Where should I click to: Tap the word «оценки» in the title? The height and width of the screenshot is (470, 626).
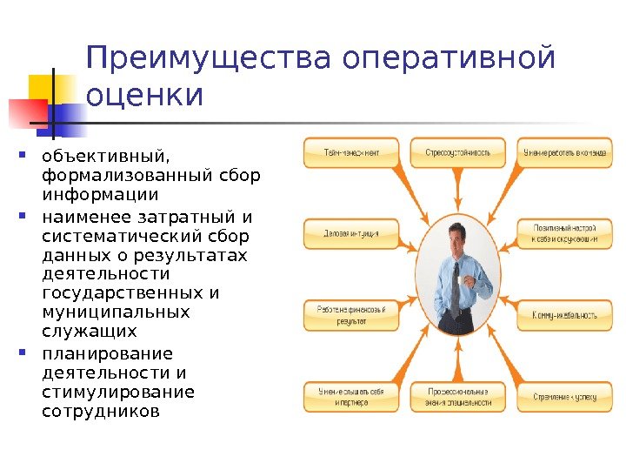pyautogui.click(x=144, y=95)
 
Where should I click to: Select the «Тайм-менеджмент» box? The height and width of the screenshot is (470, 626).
pyautogui.click(x=352, y=152)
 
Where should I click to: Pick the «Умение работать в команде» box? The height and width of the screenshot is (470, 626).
pyautogui.click(x=563, y=152)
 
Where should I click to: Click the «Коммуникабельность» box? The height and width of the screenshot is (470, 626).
pyautogui.click(x=563, y=314)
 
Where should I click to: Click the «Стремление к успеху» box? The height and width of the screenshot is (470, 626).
pyautogui.click(x=563, y=397)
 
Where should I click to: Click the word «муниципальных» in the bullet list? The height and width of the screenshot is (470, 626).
pyautogui.click(x=116, y=312)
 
